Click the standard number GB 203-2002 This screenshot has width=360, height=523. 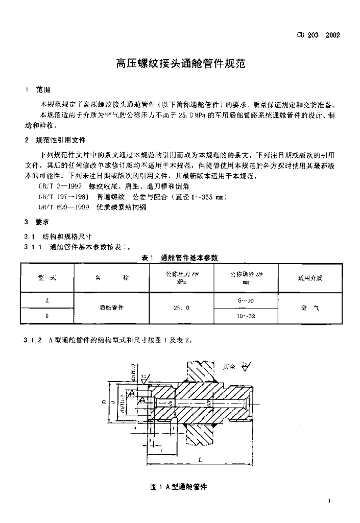(318, 35)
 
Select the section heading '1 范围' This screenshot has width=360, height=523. (37, 89)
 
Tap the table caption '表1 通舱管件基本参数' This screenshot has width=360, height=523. (180, 257)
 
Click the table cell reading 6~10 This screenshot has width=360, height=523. (246, 301)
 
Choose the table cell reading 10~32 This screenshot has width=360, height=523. (246, 316)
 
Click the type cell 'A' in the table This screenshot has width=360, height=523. (47, 301)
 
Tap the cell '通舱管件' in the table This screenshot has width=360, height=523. (111, 308)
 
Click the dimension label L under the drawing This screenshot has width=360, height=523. (200, 459)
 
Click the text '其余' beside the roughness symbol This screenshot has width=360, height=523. (229, 366)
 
